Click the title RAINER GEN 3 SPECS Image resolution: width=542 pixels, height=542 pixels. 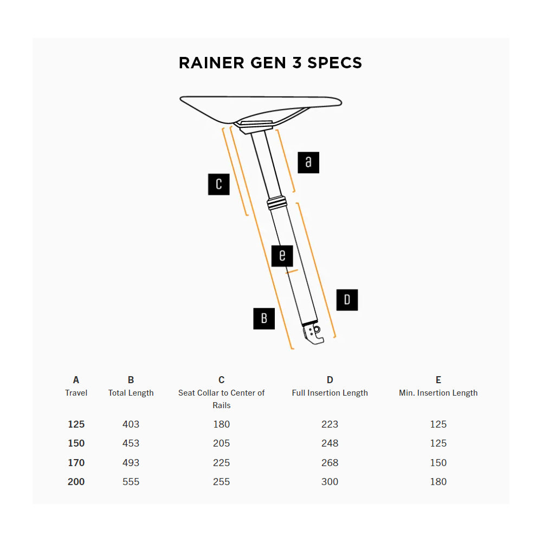tap(270, 63)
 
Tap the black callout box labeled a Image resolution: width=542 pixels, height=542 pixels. tap(308, 163)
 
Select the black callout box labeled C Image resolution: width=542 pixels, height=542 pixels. tap(219, 184)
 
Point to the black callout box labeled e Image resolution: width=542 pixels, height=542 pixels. tap(282, 255)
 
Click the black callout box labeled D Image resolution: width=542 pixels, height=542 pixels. tap(347, 300)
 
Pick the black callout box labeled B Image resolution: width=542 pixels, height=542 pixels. tap(264, 318)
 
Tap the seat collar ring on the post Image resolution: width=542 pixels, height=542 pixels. tap(277, 203)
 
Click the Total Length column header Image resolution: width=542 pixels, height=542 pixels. tap(131, 393)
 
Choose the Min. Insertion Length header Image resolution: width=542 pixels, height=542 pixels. tap(438, 393)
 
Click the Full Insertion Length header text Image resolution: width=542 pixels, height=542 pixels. tap(330, 393)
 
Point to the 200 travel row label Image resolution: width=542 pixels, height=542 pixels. tap(76, 482)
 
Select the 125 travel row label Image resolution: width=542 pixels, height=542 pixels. tap(76, 424)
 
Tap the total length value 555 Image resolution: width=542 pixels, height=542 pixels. tap(131, 482)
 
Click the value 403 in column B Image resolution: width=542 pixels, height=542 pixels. tap(131, 424)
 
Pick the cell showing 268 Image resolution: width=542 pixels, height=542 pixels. tap(330, 463)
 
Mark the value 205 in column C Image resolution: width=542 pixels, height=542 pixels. tap(221, 443)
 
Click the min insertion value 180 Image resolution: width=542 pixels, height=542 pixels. tap(438, 482)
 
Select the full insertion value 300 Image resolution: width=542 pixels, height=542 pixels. tap(330, 482)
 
